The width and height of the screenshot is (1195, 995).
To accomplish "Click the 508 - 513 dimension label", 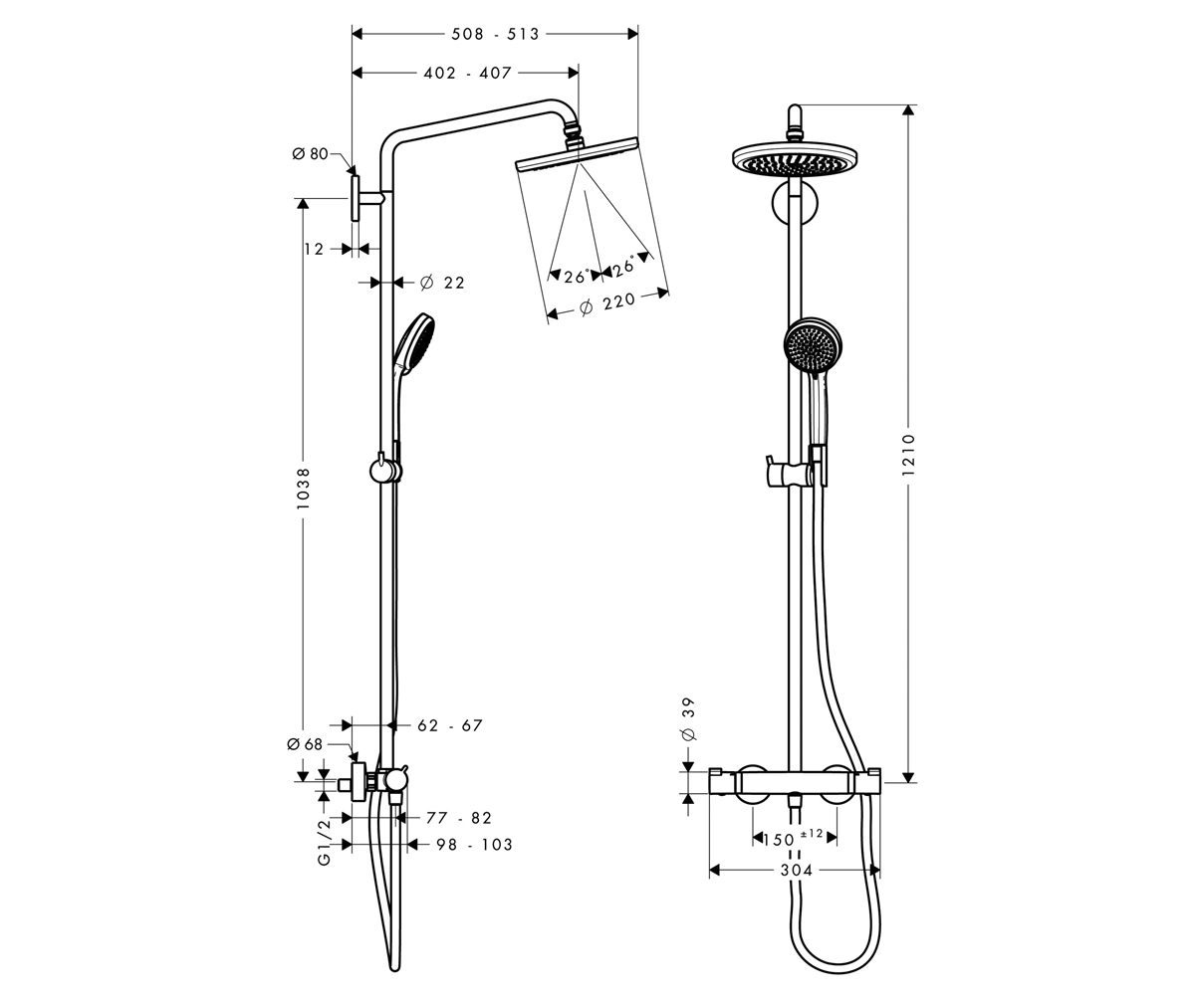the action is pyautogui.click(x=495, y=34).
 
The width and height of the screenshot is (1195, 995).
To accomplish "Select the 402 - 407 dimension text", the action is pyautogui.click(x=467, y=74).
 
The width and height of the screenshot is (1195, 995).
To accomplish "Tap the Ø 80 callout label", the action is pyautogui.click(x=310, y=154).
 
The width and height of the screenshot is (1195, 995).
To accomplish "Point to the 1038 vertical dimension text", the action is pyautogui.click(x=303, y=489).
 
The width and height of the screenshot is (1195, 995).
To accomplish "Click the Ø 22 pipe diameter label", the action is pyautogui.click(x=442, y=283).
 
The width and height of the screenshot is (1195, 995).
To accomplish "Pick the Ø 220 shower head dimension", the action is pyautogui.click(x=607, y=304).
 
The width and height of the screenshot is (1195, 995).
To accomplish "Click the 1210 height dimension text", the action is pyautogui.click(x=908, y=455).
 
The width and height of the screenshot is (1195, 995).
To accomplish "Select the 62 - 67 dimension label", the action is pyautogui.click(x=450, y=725).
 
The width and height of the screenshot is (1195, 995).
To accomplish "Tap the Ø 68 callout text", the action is pyautogui.click(x=305, y=744).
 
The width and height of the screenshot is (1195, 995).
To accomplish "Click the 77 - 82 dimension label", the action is pyautogui.click(x=459, y=818).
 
